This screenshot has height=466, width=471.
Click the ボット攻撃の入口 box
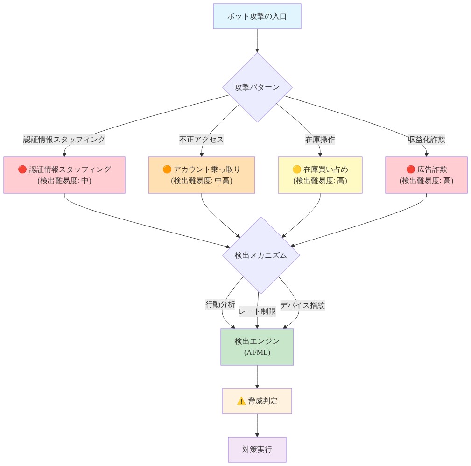pyautogui.click(x=257, y=16)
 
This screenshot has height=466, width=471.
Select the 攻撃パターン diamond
pyautogui.click(x=257, y=87)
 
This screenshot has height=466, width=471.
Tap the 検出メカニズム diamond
pyautogui.click(x=261, y=255)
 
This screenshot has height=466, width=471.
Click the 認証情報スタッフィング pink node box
pyautogui.click(x=64, y=175)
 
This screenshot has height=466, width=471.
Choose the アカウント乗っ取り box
pyautogui.click(x=202, y=175)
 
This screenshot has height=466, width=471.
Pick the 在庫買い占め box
pyautogui.click(x=320, y=175)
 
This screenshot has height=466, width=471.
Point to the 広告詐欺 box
pyautogui.click(x=427, y=175)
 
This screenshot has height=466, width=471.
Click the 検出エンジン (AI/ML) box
pyautogui.click(x=257, y=347)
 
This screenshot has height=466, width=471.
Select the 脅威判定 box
pyautogui.click(x=257, y=401)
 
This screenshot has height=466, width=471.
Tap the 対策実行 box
pyautogui.click(x=257, y=450)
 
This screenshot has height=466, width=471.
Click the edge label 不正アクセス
pyautogui.click(x=202, y=140)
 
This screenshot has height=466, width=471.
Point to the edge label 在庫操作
pyautogui.click(x=320, y=140)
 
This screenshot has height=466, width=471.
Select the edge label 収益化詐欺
pyautogui.click(x=427, y=140)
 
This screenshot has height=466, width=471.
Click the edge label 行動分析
pyautogui.click(x=220, y=304)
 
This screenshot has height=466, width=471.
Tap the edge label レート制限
pyautogui.click(x=257, y=311)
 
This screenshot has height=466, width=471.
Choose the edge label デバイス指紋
pyautogui.click(x=302, y=305)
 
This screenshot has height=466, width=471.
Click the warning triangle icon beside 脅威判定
pyautogui.click(x=241, y=401)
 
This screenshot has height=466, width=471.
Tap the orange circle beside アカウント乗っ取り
pyautogui.click(x=167, y=169)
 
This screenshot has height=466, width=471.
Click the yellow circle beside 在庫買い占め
pyautogui.click(x=297, y=169)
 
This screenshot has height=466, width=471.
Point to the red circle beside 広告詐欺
pyautogui.click(x=411, y=169)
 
